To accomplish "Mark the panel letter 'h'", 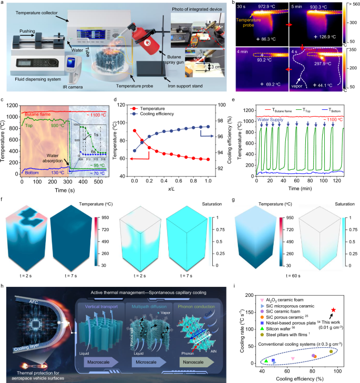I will pyautogui.click(x=4, y=288).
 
